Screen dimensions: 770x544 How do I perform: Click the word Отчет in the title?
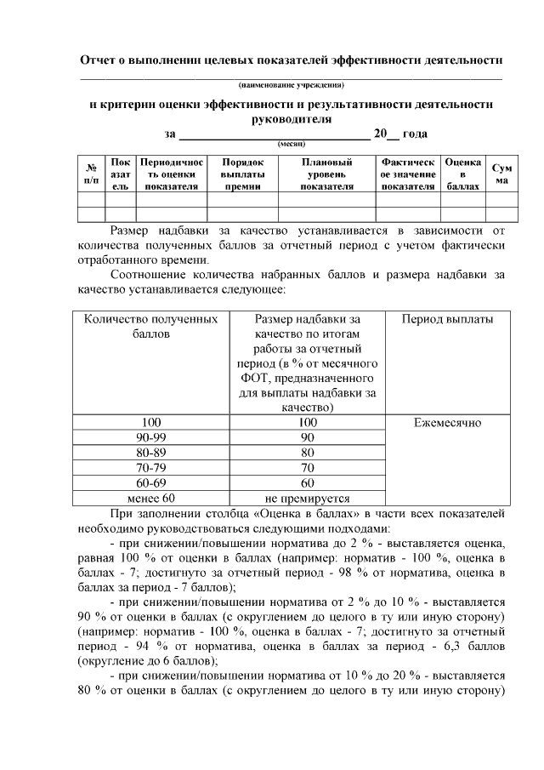coord(100,60)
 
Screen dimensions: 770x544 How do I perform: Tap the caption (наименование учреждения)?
coord(292,85)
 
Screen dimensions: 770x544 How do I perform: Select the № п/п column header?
coord(91,174)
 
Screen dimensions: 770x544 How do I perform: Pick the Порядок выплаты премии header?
coord(242,174)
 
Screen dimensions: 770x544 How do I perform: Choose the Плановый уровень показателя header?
coord(326,174)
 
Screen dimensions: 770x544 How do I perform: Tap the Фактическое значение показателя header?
coord(408,174)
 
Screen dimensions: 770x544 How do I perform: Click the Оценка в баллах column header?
coord(463,174)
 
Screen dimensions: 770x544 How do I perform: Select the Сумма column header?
coord(501,174)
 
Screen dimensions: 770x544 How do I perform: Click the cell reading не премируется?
coord(308,499)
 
